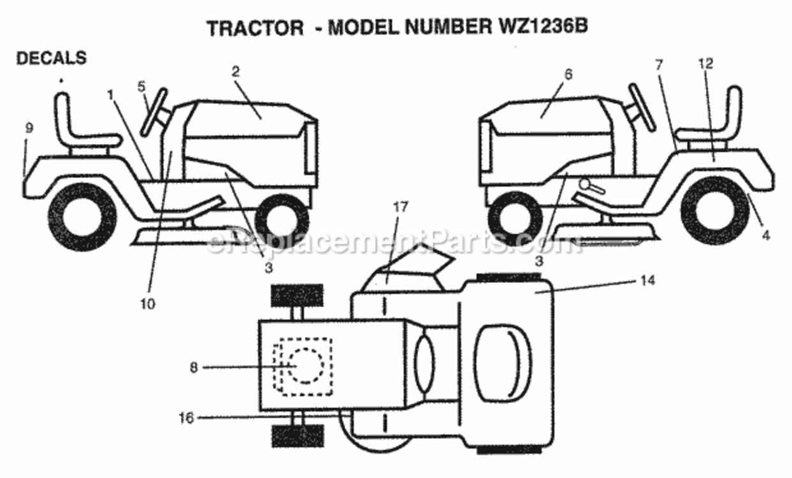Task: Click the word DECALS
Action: click(x=52, y=59)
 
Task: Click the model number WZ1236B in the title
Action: click(x=543, y=26)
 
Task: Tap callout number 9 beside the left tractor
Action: click(x=29, y=128)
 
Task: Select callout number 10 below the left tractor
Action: click(x=148, y=304)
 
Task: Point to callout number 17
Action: click(x=401, y=207)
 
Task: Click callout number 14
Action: click(x=648, y=280)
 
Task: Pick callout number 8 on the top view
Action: click(x=194, y=368)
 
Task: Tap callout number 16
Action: click(x=186, y=418)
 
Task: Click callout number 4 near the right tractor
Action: click(x=766, y=235)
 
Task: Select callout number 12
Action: click(x=706, y=64)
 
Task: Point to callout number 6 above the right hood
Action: click(x=568, y=75)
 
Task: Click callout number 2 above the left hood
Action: click(x=236, y=72)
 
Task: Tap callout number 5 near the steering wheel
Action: click(x=141, y=87)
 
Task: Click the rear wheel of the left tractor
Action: click(x=82, y=217)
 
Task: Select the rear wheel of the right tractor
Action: click(x=716, y=211)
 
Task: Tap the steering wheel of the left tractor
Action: click(x=154, y=112)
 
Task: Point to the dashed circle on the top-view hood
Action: click(x=306, y=366)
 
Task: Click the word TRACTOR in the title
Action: click(x=256, y=28)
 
